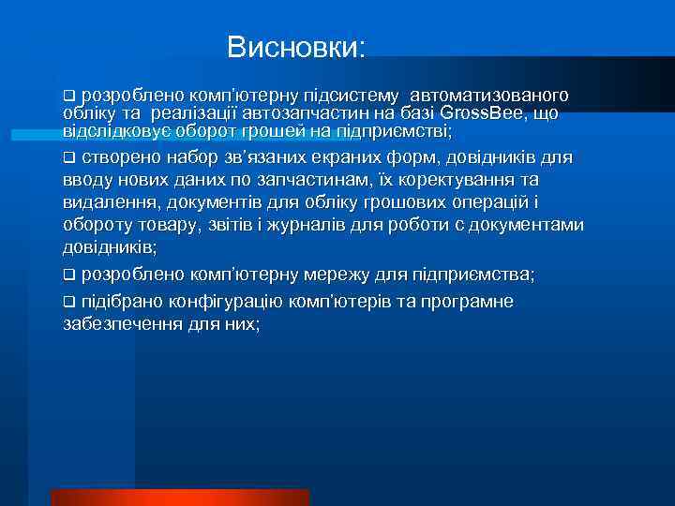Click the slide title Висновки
point(298,47)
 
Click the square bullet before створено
point(68,156)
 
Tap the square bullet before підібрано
point(68,302)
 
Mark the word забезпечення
point(119,324)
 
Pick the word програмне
point(470,301)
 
